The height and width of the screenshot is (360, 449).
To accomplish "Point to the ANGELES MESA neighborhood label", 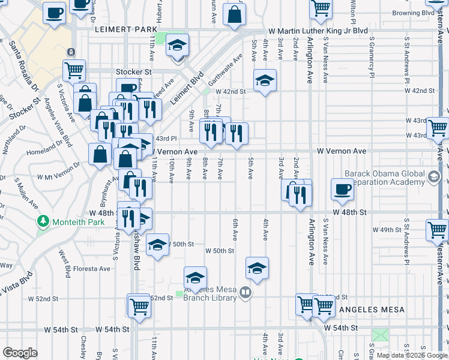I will pos(372,310).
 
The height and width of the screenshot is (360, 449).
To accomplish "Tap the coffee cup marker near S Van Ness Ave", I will pos(342,189).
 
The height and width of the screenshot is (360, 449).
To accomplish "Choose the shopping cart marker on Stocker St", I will pos(74,70).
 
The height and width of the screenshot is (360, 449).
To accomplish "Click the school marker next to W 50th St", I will pos(157,245).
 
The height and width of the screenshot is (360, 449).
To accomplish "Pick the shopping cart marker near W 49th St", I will pos(437,230).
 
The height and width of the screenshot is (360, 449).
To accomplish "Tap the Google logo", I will pos(20,353).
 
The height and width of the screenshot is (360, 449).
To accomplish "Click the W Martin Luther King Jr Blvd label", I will pos(318,31).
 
